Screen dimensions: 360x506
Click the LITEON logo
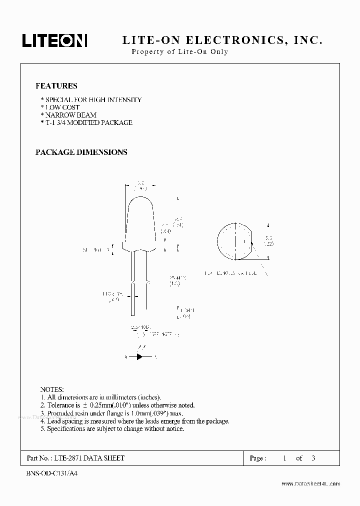click(54, 41)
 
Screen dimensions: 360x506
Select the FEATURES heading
click(56, 86)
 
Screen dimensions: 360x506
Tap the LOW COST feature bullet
click(61, 107)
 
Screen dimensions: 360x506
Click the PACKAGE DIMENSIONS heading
click(81, 152)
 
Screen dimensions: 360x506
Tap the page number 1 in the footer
click(284, 458)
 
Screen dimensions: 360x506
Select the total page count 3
click(313, 458)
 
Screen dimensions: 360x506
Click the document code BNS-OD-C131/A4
click(49, 472)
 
